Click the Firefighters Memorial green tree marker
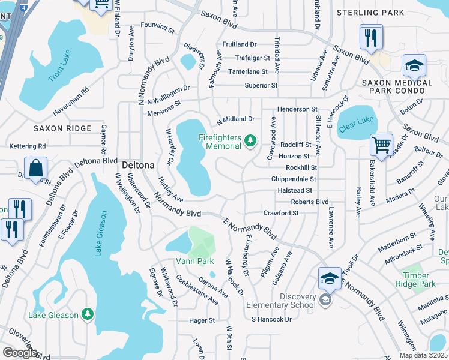(x=250, y=142)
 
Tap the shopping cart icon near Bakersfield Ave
(x=381, y=145)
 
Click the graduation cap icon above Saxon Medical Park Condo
(x=414, y=65)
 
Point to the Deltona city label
(x=138, y=164)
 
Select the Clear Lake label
(x=356, y=121)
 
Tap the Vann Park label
(x=194, y=261)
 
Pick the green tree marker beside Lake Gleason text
(x=88, y=314)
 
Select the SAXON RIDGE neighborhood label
(x=62, y=128)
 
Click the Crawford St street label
(x=281, y=213)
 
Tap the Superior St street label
(x=261, y=86)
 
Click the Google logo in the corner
(x=20, y=353)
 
